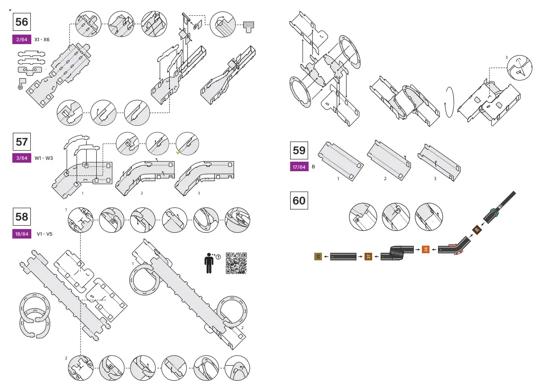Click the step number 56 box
coord(22,22)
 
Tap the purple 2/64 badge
coord(22,40)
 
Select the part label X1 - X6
coord(42,40)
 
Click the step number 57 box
coord(22,142)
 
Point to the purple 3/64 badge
coord(22,158)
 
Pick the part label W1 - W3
coord(43,158)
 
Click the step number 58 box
coord(22,217)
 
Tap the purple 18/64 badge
coord(22,234)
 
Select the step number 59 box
coord(299,150)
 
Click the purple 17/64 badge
coord(299,167)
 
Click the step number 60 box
coord(299,201)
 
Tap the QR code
coord(236,263)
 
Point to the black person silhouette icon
coord(209,263)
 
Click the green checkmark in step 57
coord(179,152)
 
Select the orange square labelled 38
coord(425,249)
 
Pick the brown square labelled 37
coord(368,257)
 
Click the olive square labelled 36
coord(318,257)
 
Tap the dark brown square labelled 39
coord(476,230)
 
